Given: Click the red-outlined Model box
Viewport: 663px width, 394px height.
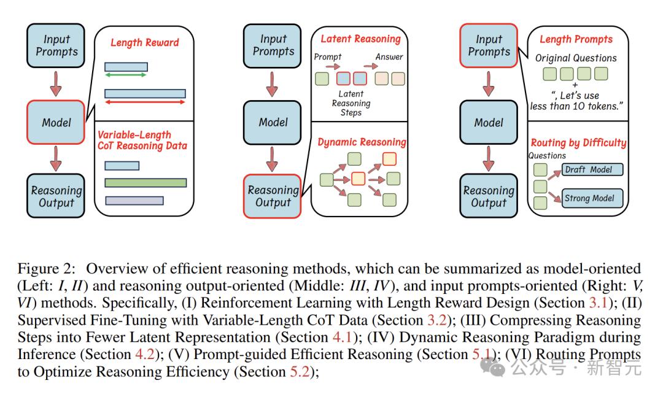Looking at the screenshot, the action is pos(56,122).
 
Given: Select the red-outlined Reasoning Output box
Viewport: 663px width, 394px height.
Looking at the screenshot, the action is pos(273,196).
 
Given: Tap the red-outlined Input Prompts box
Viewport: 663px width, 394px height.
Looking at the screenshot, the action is pos(489,45).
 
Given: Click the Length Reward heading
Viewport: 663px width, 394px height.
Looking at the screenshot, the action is pos(145,43).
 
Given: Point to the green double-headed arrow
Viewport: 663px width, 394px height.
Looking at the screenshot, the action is pos(126,75).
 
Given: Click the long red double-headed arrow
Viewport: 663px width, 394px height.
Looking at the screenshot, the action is pos(145,102).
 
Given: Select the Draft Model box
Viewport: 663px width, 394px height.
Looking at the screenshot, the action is pos(592,169).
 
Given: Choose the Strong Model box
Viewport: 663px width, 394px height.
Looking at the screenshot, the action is pos(592,198).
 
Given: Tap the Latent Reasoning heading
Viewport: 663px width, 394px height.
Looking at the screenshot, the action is pos(360,39).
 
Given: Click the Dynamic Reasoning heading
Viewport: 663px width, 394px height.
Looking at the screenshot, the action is pos(362,142).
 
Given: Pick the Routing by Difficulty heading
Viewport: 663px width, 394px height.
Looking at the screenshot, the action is pos(578,143).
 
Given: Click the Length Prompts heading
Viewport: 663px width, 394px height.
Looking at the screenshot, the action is pos(576,39).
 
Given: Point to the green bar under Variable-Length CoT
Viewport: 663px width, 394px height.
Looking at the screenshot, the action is pos(145,183).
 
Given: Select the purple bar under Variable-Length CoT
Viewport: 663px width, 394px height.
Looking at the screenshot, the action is pos(134,201).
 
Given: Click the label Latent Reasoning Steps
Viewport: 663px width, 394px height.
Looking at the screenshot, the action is pos(351,103).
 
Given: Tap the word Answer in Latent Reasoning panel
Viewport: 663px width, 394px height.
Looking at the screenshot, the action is pos(389,56).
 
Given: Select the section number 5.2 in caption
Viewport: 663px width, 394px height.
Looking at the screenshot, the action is pos(300,371).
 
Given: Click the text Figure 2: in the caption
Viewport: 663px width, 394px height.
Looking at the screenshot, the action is pos(47,269).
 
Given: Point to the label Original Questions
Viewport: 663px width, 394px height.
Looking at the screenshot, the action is pos(576,58).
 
